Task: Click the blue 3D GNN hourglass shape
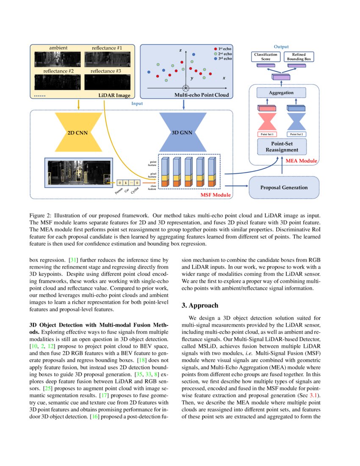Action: tap(182, 133)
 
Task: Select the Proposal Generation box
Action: tap(283, 188)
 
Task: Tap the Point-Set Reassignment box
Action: tap(282, 147)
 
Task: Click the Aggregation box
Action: tap(281, 92)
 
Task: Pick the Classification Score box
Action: tap(266, 57)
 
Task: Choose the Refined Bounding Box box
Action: tap(299, 57)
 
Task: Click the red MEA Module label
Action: tap(301, 161)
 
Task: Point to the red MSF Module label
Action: tap(215, 194)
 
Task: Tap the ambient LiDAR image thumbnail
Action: tap(58, 59)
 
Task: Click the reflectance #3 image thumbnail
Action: tap(106, 82)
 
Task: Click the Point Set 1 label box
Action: tap(267, 134)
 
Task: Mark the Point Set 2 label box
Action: tap(297, 134)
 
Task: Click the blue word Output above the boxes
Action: tap(281, 47)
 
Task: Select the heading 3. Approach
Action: tap(200, 305)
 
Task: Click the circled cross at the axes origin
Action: tap(185, 88)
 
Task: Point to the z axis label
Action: tap(180, 50)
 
